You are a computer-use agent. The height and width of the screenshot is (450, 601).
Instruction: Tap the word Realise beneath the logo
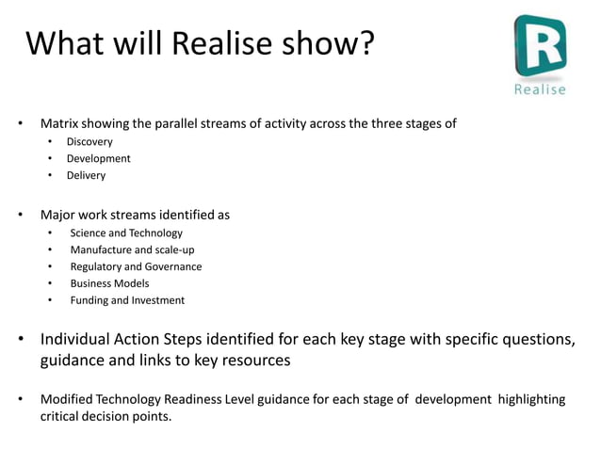(x=540, y=89)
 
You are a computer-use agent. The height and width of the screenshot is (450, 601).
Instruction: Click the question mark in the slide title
(x=364, y=42)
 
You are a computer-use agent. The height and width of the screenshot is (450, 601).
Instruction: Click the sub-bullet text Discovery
(x=89, y=141)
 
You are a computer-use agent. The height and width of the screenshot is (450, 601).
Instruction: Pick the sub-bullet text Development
(x=98, y=158)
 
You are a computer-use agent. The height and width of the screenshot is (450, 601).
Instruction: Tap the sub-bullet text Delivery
(x=86, y=175)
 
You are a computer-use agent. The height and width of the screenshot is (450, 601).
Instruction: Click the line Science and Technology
(x=126, y=233)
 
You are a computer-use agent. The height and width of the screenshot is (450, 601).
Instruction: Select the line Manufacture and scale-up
(x=132, y=249)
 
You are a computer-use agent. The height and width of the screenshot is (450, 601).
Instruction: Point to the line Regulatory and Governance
(x=136, y=266)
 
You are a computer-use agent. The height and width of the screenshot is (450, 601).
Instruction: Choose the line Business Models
(x=109, y=283)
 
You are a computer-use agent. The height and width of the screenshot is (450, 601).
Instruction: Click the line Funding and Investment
(x=127, y=300)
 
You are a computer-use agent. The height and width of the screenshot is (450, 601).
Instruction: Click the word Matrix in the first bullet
(x=59, y=123)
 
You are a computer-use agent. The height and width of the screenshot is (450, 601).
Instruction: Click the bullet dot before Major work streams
(x=20, y=215)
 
